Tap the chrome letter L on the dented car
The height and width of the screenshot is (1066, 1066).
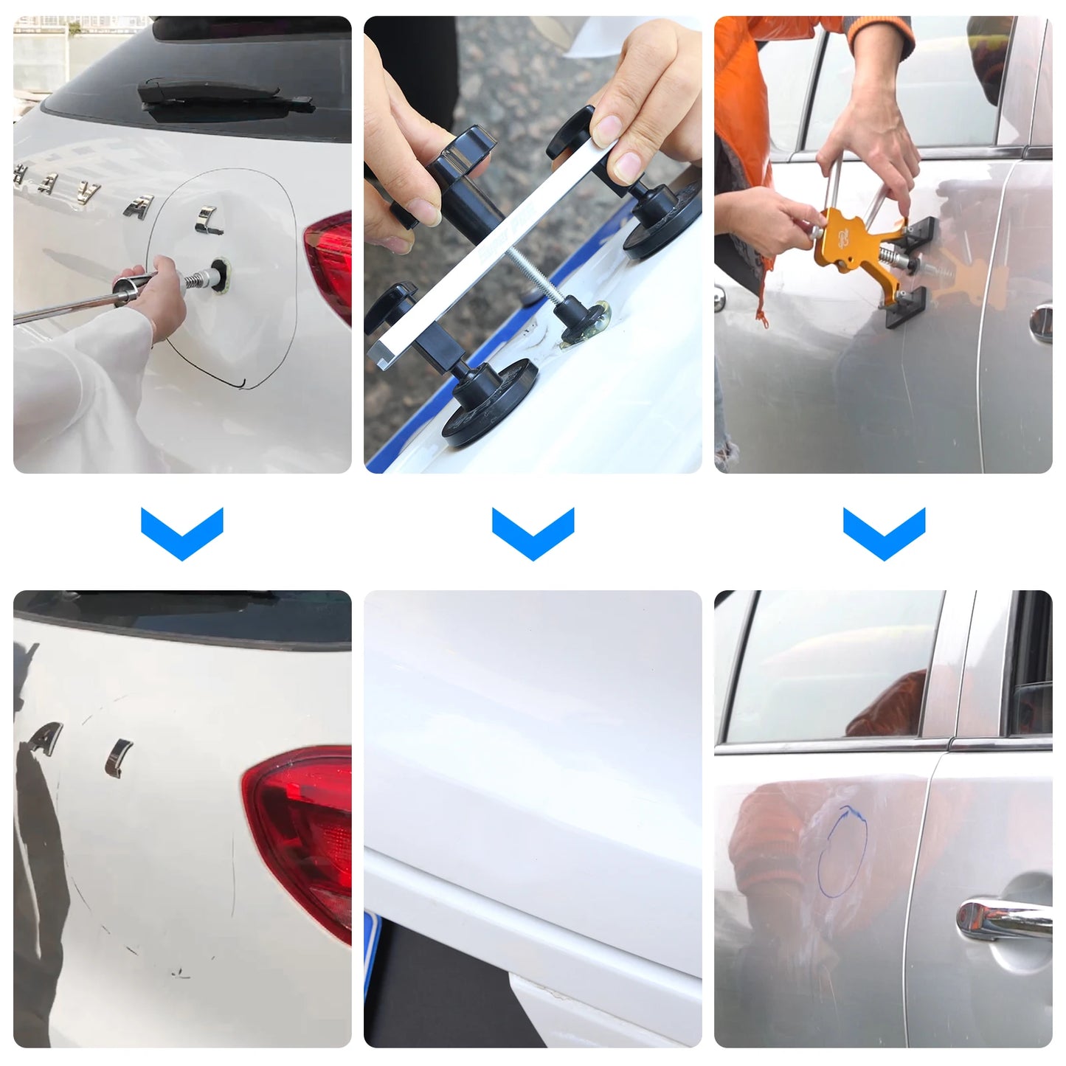click(209, 221)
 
